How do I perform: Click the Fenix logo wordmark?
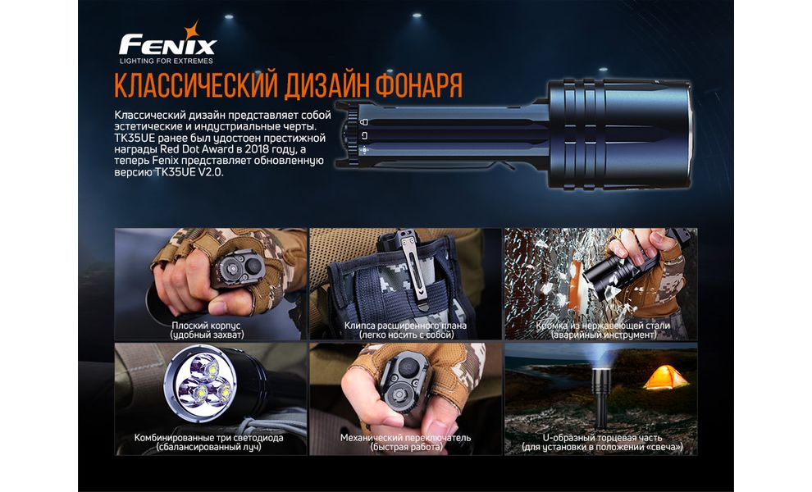tap(167, 43)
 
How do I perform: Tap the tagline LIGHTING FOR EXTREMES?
tap(167, 61)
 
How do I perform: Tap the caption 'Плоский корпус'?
tap(207, 326)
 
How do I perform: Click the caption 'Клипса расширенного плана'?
tap(405, 326)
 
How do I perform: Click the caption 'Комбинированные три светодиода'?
tap(208, 438)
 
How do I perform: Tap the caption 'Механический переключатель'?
tap(405, 438)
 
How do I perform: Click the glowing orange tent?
tap(665, 377)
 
